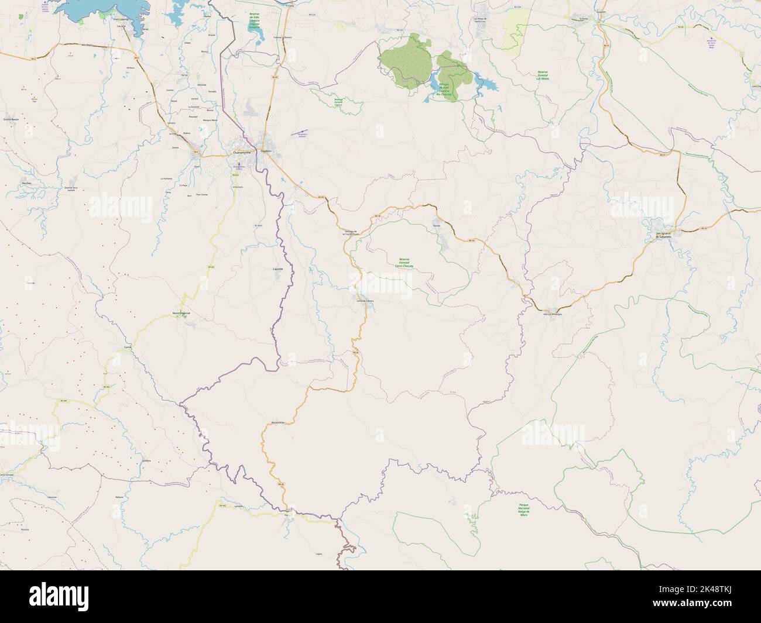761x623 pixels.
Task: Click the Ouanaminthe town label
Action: [x=241, y=152]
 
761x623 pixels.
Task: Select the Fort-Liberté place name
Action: [x=121, y=19]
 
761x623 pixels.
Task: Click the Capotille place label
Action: [x=277, y=269]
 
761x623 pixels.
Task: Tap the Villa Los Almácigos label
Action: [x=553, y=314]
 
